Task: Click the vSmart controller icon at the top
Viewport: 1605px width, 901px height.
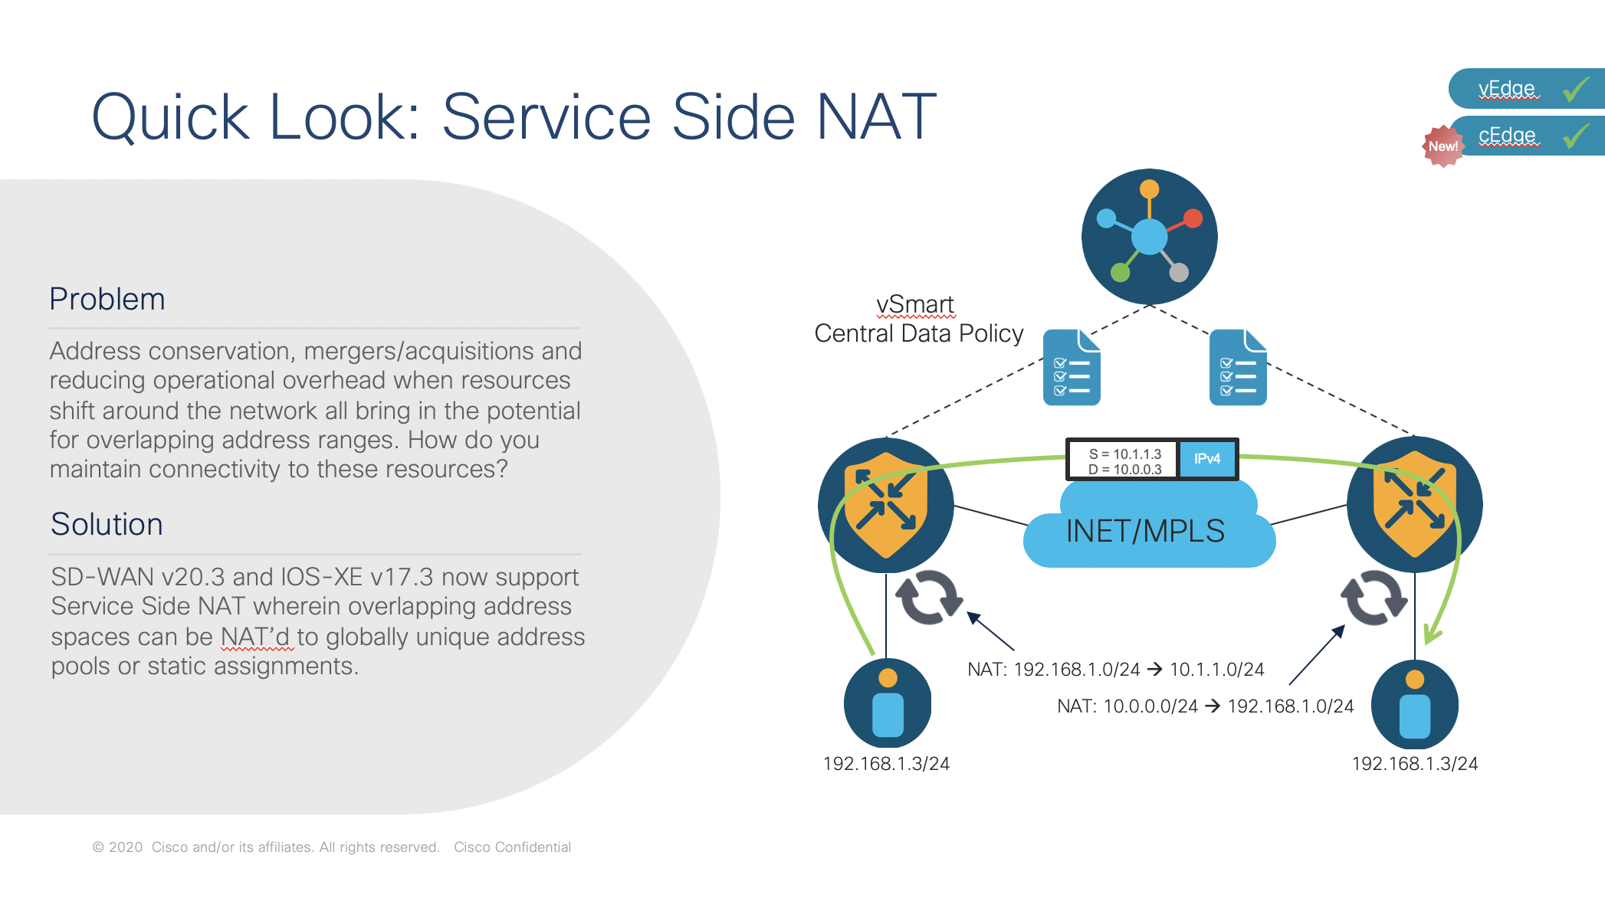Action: (1149, 237)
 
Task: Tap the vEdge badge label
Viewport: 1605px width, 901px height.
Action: (1507, 89)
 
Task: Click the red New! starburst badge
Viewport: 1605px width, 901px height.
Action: (1443, 146)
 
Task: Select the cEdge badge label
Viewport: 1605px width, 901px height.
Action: (1507, 136)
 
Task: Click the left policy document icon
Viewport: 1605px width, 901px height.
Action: (1072, 367)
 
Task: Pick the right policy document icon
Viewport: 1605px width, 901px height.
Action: (1238, 367)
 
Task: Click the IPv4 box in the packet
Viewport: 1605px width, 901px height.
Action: (1207, 459)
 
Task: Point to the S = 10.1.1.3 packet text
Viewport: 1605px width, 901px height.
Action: (1125, 454)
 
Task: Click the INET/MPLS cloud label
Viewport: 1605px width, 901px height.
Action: (1145, 531)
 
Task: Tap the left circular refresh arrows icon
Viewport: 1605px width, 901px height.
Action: (930, 598)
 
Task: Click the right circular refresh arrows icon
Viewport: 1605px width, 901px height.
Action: (1374, 598)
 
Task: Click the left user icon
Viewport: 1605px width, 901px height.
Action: (888, 703)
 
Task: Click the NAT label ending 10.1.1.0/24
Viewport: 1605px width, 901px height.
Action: (1116, 670)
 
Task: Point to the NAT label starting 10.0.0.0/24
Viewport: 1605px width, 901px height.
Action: (1206, 706)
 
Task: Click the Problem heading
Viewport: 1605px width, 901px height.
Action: (107, 300)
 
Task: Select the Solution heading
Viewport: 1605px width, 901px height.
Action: (107, 525)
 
